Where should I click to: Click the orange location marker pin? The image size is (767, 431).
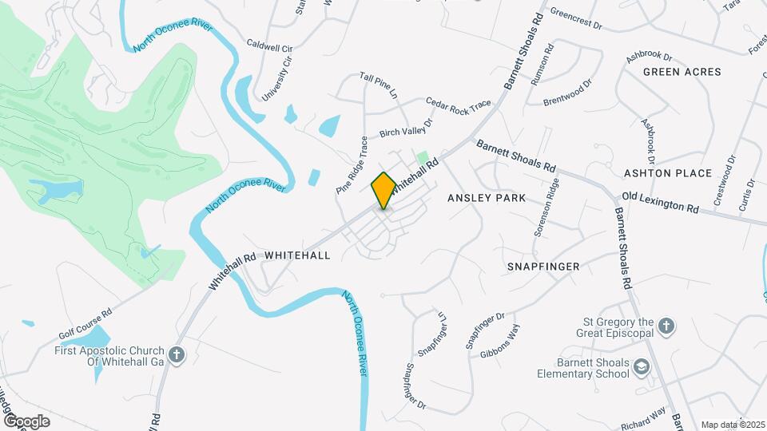383,190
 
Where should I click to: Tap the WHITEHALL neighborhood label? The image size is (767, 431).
296,255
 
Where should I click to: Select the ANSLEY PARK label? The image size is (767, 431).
487,197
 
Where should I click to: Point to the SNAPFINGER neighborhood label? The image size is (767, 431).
543,266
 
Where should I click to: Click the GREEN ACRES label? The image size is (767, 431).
682,72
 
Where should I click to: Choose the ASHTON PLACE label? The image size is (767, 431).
667,173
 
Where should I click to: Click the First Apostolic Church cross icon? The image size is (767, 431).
177,352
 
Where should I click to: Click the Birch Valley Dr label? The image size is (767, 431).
405,128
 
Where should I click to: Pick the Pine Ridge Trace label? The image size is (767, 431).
352,165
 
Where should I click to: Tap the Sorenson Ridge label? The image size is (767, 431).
546,207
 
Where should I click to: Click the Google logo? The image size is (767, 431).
26,421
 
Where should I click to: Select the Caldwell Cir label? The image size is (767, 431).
270,46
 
